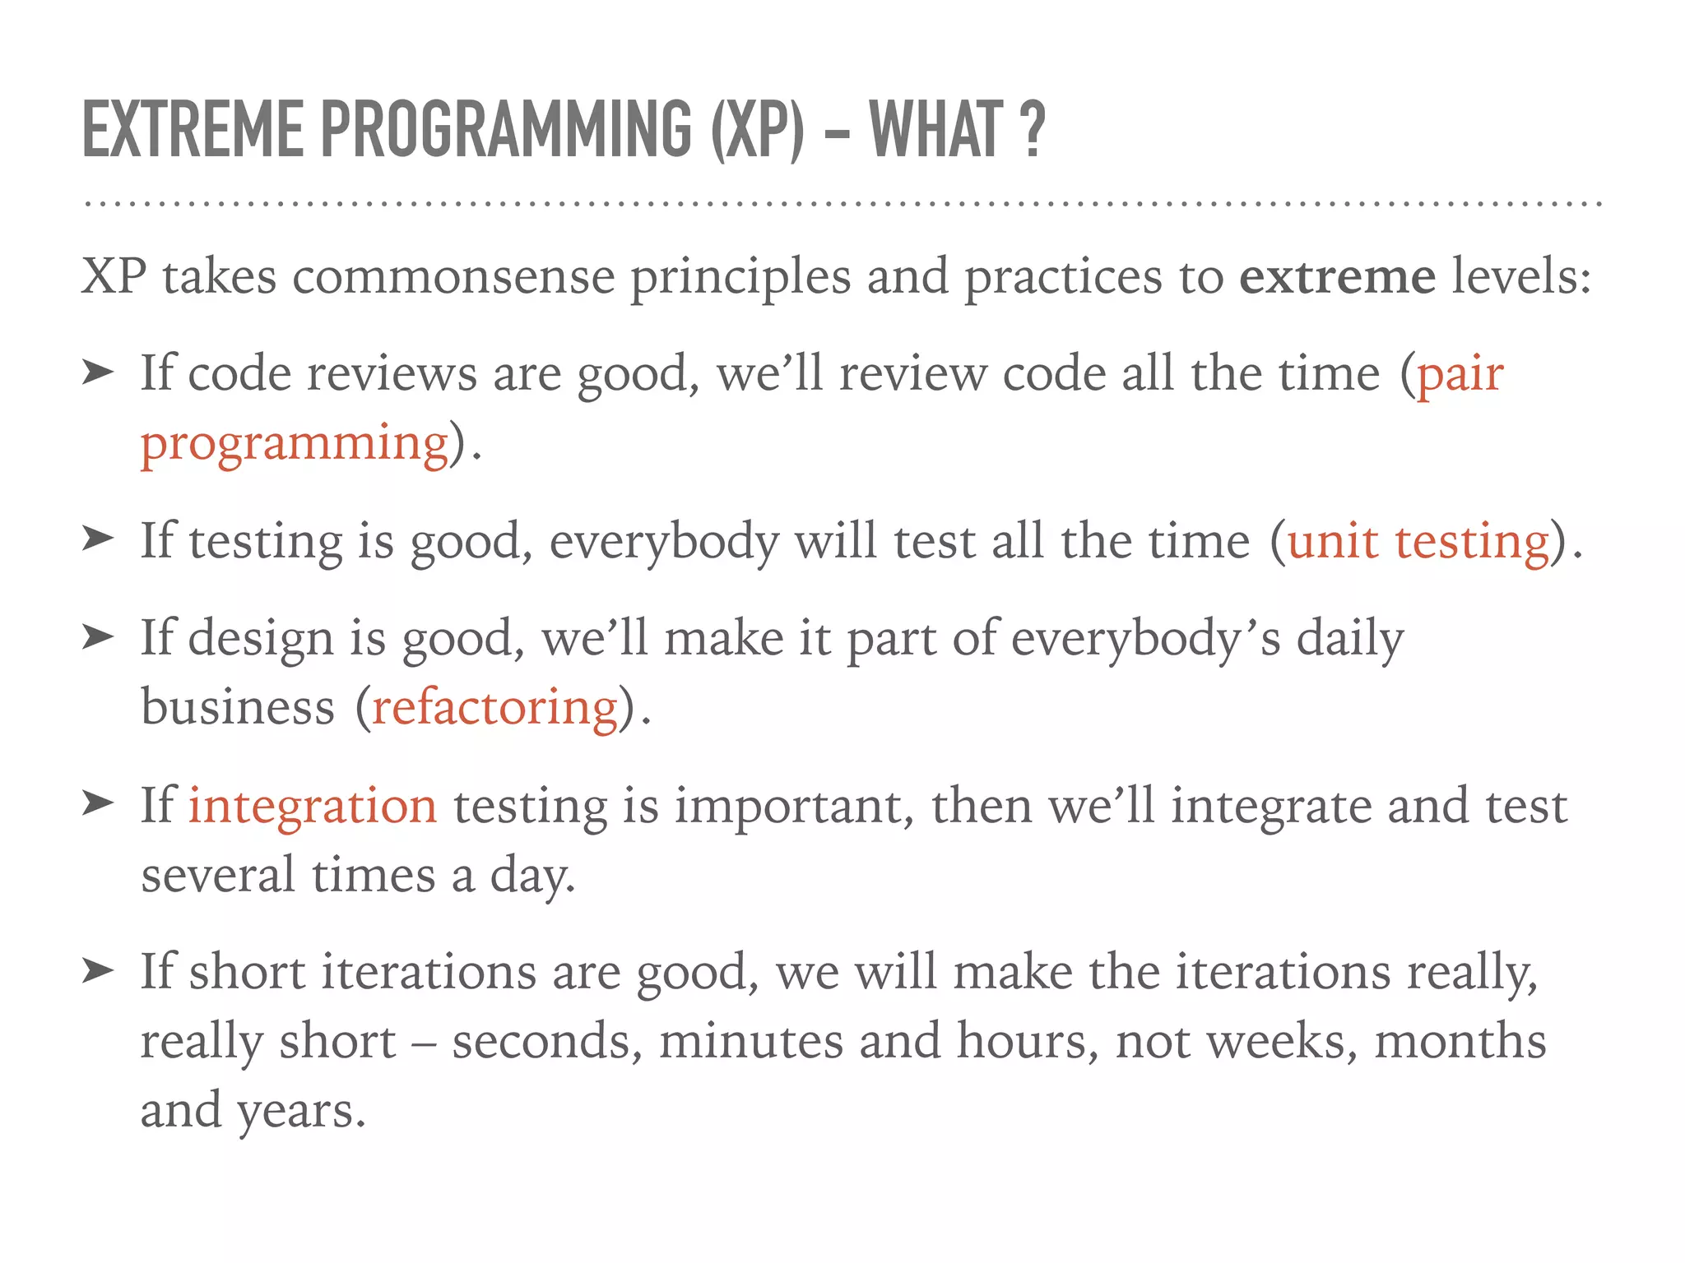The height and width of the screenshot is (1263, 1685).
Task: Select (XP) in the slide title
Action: [x=758, y=129]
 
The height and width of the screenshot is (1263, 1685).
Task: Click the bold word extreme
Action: [x=1337, y=276]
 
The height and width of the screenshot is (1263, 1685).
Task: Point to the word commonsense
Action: [x=453, y=276]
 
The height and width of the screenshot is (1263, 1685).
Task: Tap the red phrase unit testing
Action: [x=1418, y=543]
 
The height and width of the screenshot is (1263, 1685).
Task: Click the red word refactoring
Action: [x=495, y=709]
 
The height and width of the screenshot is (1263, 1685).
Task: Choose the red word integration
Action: [x=313, y=806]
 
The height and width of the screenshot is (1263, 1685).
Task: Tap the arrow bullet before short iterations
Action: [x=97, y=971]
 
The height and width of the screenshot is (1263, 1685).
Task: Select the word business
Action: [x=238, y=709]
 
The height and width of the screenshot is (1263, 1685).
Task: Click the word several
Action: [x=217, y=875]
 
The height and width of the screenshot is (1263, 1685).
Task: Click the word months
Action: [x=1460, y=1042]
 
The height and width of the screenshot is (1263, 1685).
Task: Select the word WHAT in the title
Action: [x=936, y=129]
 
